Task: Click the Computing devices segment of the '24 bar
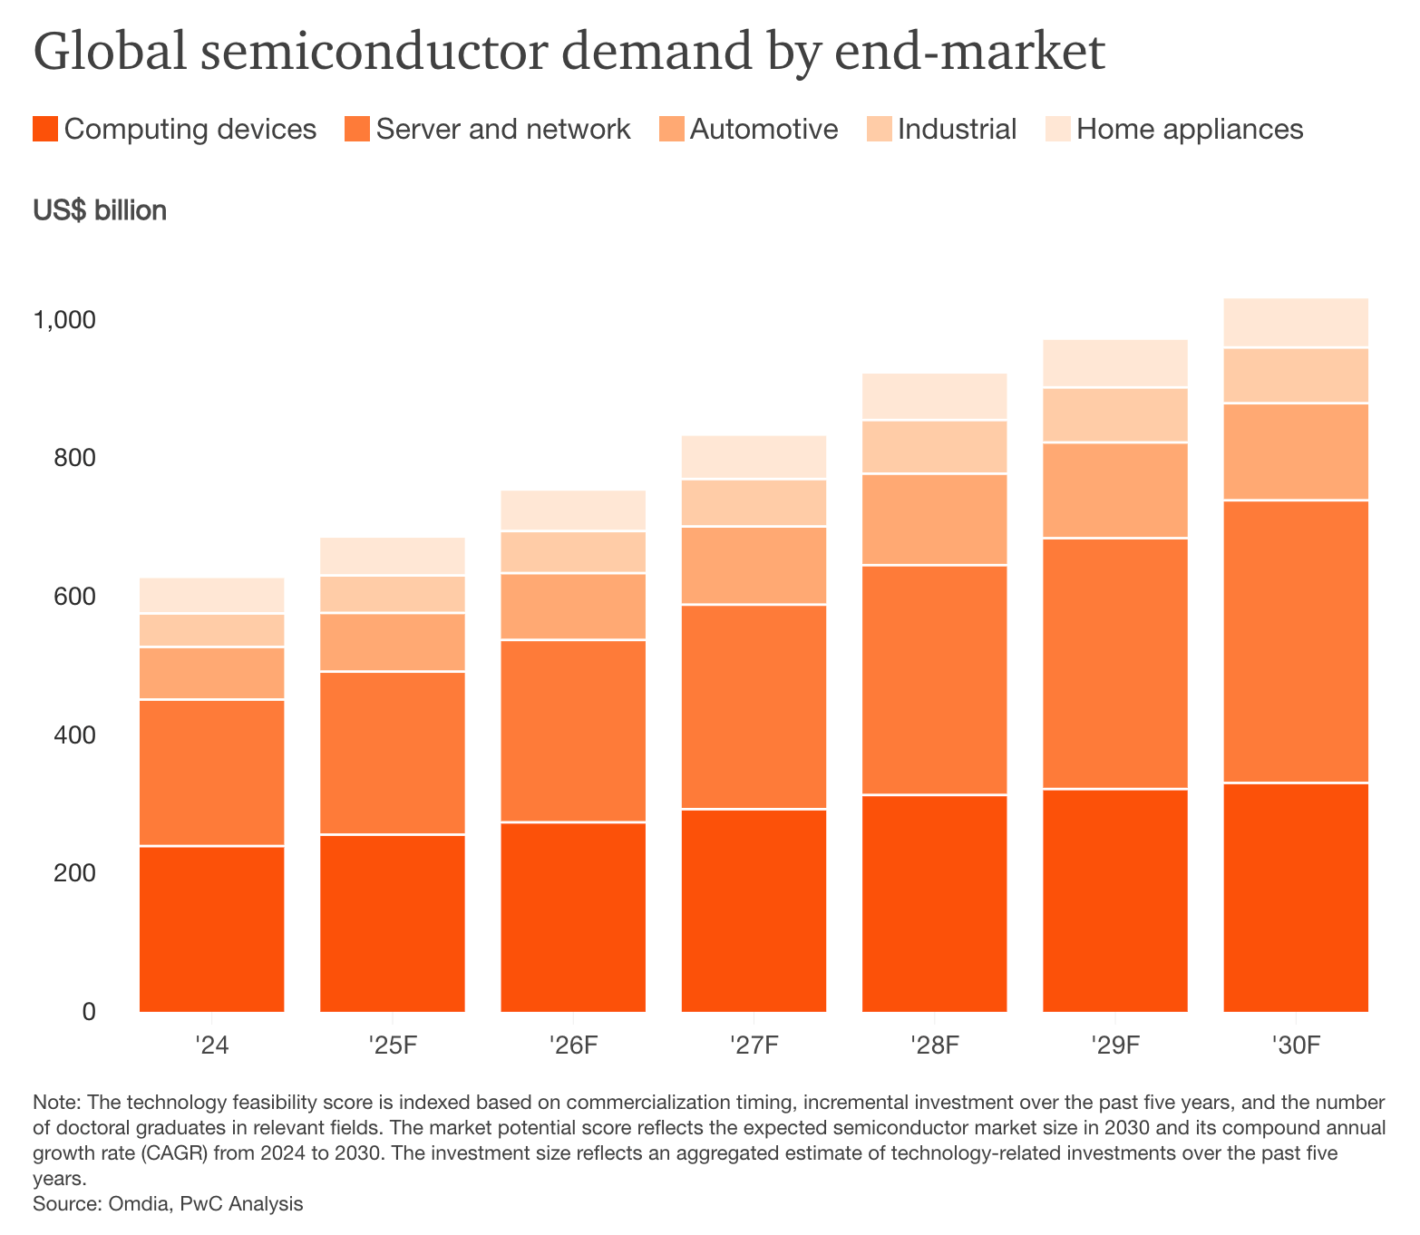(211, 929)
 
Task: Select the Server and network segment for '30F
(1295, 641)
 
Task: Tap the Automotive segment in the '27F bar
(754, 565)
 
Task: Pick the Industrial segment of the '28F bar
(934, 447)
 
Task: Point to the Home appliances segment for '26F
(573, 511)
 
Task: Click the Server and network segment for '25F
(393, 753)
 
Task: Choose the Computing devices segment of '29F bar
(1114, 900)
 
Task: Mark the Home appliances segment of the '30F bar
(1295, 323)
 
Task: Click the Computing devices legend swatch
(45, 129)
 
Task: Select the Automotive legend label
(763, 129)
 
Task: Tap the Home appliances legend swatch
(1058, 129)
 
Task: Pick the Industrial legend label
(957, 129)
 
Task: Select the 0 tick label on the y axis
(88, 1011)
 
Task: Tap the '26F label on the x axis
(573, 1045)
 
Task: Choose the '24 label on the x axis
(211, 1045)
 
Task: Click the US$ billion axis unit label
(100, 210)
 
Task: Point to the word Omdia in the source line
(138, 1204)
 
